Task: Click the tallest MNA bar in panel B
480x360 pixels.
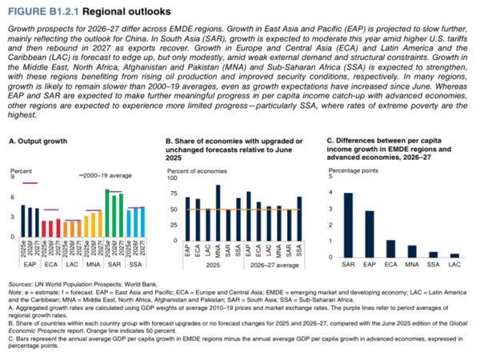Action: pos(218,210)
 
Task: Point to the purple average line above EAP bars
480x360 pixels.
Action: pos(30,183)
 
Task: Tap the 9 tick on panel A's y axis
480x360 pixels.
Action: pos(12,177)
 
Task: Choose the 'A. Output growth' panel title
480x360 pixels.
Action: pos(40,141)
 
